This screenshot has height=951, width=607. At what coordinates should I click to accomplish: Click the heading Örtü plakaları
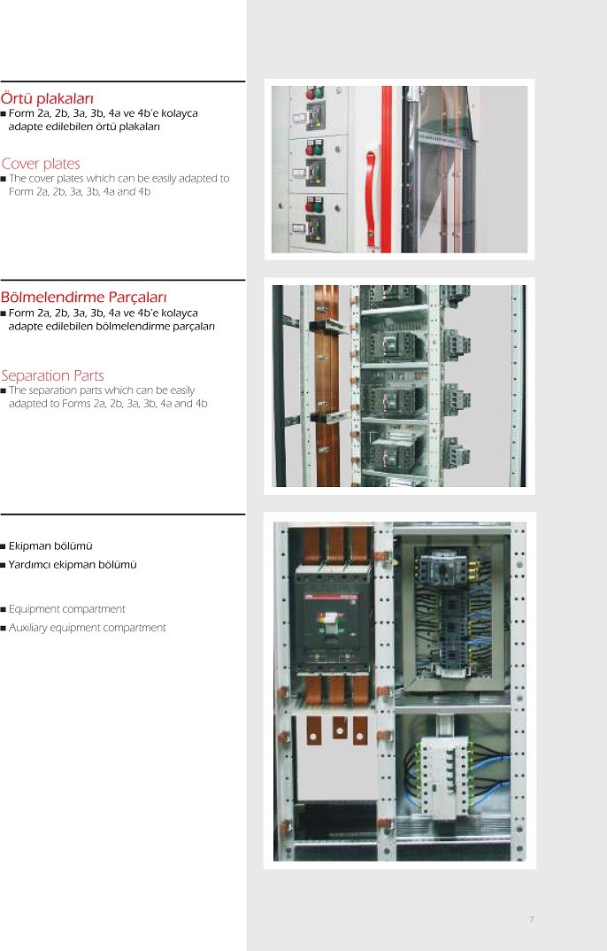coord(47,98)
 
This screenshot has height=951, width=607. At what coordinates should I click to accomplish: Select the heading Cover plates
coord(41,164)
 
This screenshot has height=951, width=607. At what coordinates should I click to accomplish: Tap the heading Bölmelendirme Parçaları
coord(83,298)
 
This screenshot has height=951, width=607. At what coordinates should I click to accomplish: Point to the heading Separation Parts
coord(53,375)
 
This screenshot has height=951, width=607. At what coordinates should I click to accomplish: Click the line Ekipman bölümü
coord(50,545)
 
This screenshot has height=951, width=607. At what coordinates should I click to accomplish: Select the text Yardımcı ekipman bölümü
coord(73,565)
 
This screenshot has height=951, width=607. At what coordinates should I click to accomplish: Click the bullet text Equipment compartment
coord(66,609)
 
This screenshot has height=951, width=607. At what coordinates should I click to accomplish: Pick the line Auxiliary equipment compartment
coord(88,628)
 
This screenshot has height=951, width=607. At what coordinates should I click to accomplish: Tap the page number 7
coord(531,919)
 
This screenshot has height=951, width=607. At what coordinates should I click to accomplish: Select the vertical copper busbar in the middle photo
coord(327,386)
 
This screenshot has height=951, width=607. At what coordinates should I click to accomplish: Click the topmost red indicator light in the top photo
coord(311,94)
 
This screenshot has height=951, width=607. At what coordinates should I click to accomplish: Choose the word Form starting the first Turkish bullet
coord(21,113)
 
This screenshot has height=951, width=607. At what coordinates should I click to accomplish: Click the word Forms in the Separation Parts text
coord(76,403)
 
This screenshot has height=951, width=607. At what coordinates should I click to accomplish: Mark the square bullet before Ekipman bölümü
coord(3,546)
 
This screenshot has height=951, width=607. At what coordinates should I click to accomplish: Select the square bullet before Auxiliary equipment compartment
coord(3,629)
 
